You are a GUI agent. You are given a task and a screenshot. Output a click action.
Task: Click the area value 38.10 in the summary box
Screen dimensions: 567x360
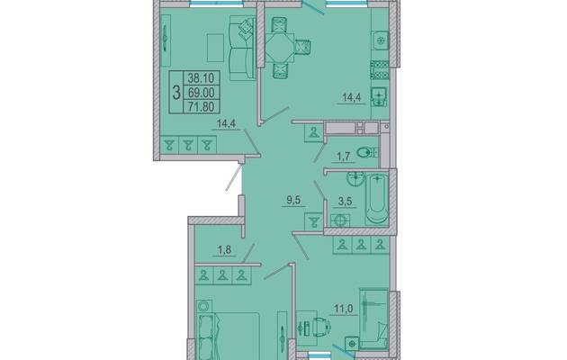point(201,77)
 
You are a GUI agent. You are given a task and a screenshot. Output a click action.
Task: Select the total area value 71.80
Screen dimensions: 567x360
point(202,106)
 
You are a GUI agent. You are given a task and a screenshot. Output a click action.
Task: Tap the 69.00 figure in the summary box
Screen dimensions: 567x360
point(201,93)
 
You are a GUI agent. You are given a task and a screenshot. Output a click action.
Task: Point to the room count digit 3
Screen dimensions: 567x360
point(176,93)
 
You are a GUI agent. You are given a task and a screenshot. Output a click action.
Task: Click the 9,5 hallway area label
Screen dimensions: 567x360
point(293,200)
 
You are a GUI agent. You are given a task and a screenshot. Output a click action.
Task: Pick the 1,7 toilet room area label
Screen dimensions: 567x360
point(343,157)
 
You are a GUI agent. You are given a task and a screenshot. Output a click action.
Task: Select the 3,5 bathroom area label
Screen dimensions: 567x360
point(345,202)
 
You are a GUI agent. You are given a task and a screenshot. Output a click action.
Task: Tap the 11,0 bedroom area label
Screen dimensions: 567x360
point(343,309)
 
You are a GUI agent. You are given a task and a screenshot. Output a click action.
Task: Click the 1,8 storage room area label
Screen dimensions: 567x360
point(224,250)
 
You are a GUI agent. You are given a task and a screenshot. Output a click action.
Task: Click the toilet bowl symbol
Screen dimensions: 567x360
point(366,153)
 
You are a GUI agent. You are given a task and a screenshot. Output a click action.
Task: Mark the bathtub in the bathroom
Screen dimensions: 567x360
point(377,198)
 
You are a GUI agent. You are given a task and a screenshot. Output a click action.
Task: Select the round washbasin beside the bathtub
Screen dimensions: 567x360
point(355,178)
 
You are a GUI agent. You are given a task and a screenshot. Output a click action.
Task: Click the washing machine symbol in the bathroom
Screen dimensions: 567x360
point(340,220)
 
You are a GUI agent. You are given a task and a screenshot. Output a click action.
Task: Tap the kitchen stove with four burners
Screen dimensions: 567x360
point(380,70)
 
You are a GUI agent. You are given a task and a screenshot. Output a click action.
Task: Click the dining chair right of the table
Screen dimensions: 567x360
point(303,47)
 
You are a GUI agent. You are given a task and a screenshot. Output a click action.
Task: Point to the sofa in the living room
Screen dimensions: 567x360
point(243,48)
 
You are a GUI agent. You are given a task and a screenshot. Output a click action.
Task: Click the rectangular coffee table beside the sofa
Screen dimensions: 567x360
point(215,48)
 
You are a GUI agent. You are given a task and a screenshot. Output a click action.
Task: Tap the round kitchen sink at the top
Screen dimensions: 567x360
point(380,40)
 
